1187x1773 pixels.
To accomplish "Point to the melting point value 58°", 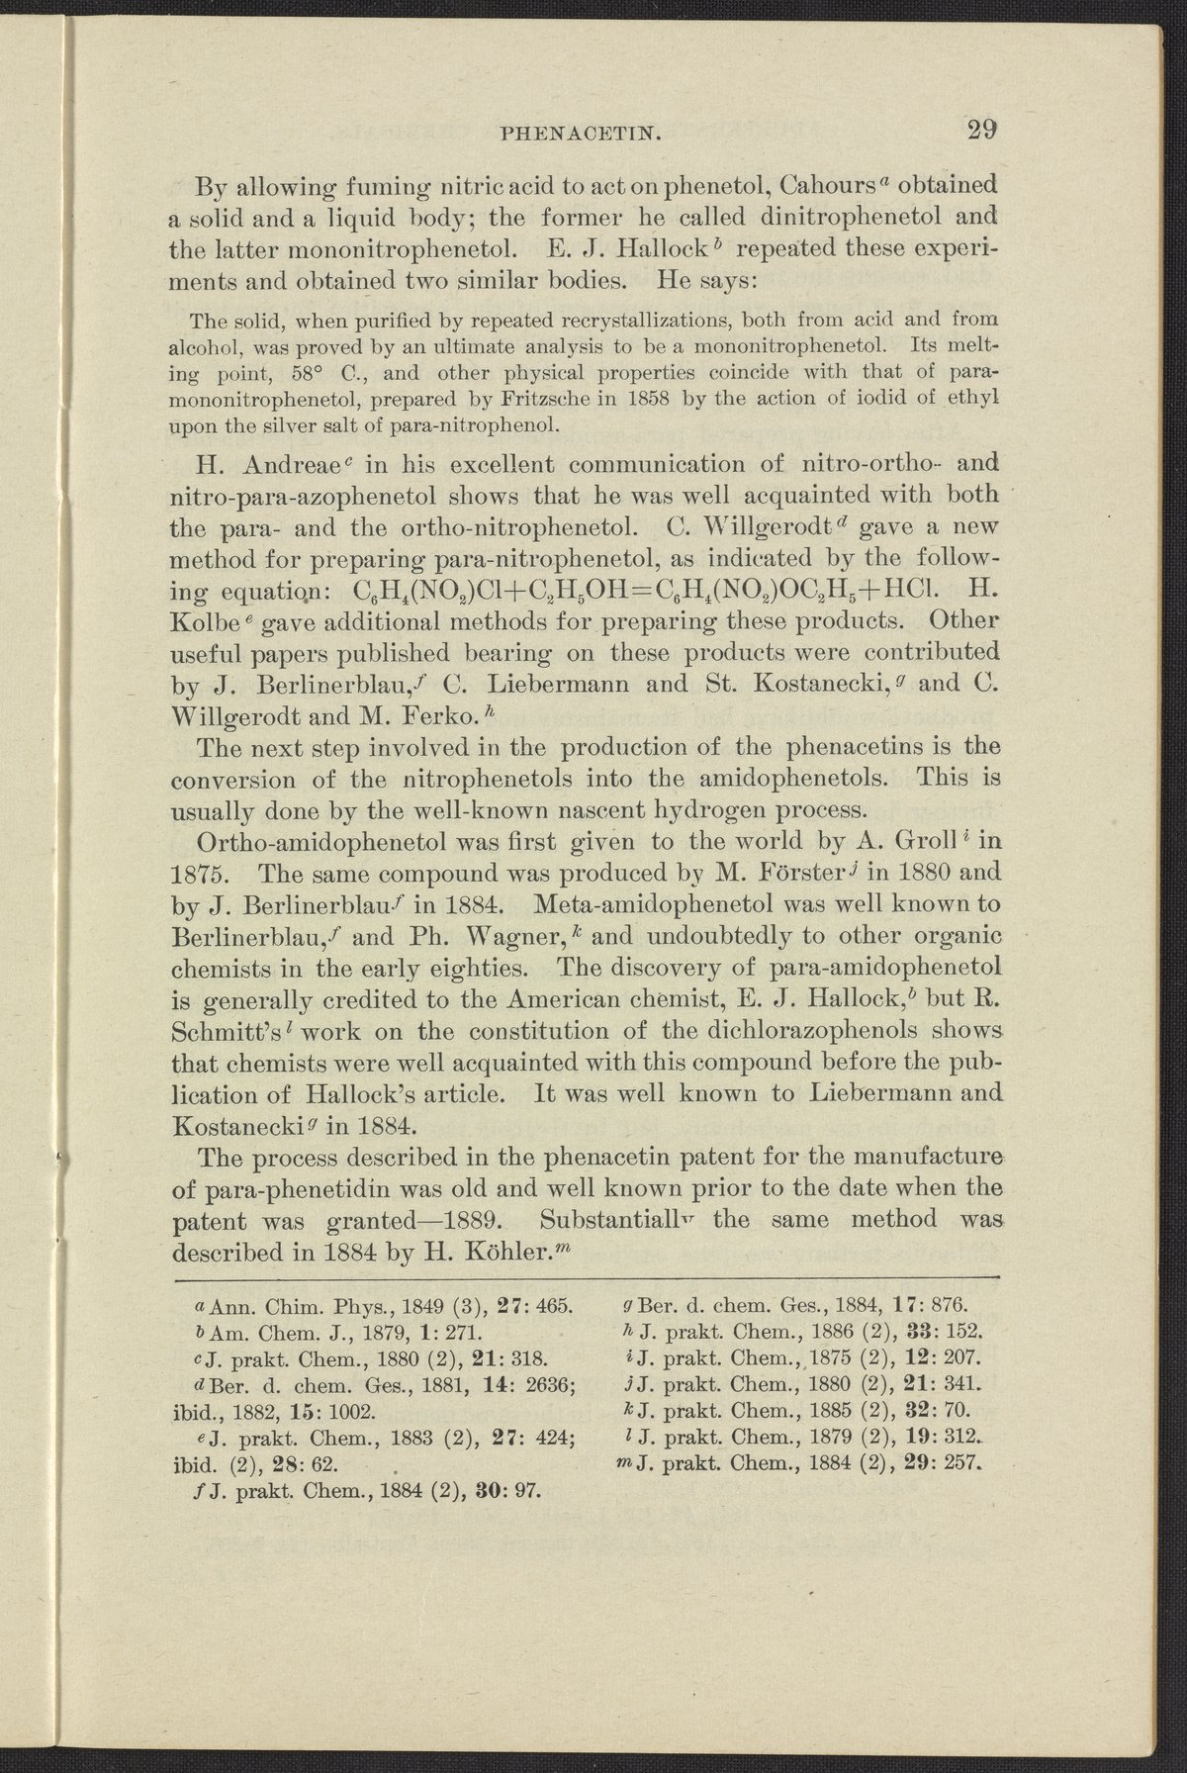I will pos(315,375).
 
